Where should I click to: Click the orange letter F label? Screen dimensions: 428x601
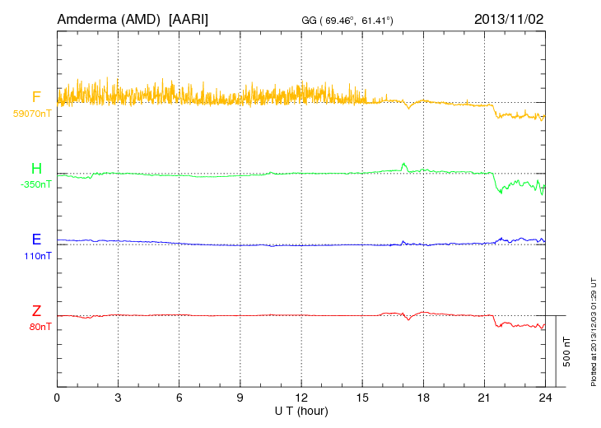(36, 98)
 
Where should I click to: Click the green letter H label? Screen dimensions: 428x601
(36, 170)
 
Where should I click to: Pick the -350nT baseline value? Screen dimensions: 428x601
(35, 184)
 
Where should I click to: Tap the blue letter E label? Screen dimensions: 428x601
(36, 240)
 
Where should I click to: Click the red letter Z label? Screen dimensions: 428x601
(36, 311)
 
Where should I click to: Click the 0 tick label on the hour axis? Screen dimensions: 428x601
(57, 398)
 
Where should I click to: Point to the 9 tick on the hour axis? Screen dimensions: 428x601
(240, 398)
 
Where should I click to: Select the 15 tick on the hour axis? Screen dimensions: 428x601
(362, 398)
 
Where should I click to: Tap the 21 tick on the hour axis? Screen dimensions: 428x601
(484, 398)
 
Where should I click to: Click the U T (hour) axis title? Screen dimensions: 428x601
(300, 410)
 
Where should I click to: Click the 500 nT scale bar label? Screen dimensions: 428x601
(566, 351)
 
